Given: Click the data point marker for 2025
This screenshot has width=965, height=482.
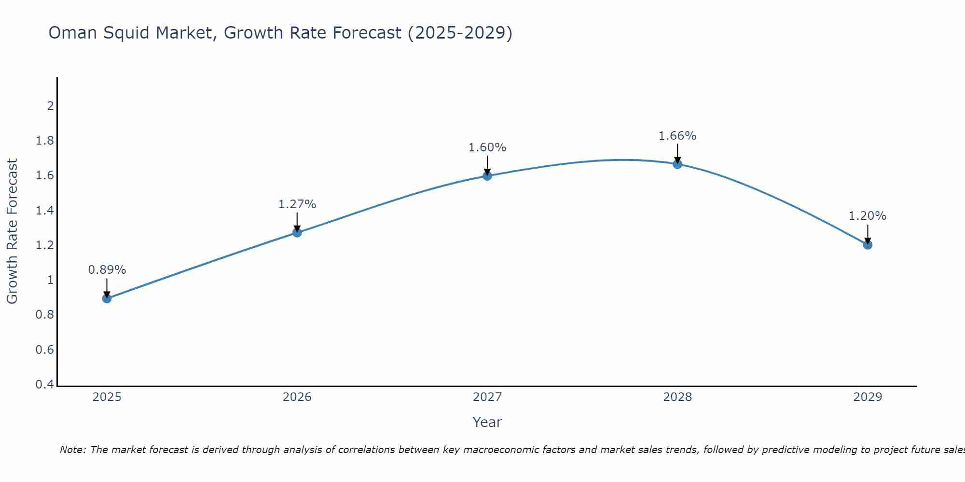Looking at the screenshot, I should [x=107, y=298].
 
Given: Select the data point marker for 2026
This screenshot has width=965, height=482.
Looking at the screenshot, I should [x=297, y=232].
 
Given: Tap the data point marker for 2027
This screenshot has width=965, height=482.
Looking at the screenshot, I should [x=487, y=176].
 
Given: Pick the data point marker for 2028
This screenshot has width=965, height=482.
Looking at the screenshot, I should [x=677, y=164].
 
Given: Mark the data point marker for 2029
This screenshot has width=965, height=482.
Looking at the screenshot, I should [x=868, y=245].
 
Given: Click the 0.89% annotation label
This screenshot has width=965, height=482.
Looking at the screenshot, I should [x=107, y=270].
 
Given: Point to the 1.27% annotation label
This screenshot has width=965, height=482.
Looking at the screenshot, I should [x=297, y=204].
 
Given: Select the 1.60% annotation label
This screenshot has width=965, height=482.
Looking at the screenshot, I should [x=487, y=147].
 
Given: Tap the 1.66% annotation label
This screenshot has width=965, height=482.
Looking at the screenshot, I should [x=677, y=136].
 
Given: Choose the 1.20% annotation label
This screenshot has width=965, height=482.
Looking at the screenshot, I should [x=868, y=216].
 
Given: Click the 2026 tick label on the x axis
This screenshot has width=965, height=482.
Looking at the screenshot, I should [x=297, y=397].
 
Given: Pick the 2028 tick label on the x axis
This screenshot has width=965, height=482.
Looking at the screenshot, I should [x=677, y=397].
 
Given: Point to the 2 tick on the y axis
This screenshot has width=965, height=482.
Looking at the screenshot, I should [x=50, y=106].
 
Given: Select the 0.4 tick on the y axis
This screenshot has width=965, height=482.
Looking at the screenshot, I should [x=44, y=385].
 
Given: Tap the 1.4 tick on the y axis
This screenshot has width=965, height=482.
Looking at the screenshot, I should [x=44, y=210].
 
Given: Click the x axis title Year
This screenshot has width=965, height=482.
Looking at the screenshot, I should [x=487, y=422].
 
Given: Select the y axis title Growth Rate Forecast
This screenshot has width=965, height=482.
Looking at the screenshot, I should [x=12, y=231].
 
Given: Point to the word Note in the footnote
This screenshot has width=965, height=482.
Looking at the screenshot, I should [x=72, y=450].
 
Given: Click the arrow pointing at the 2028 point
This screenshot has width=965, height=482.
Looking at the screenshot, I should [x=677, y=153].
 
